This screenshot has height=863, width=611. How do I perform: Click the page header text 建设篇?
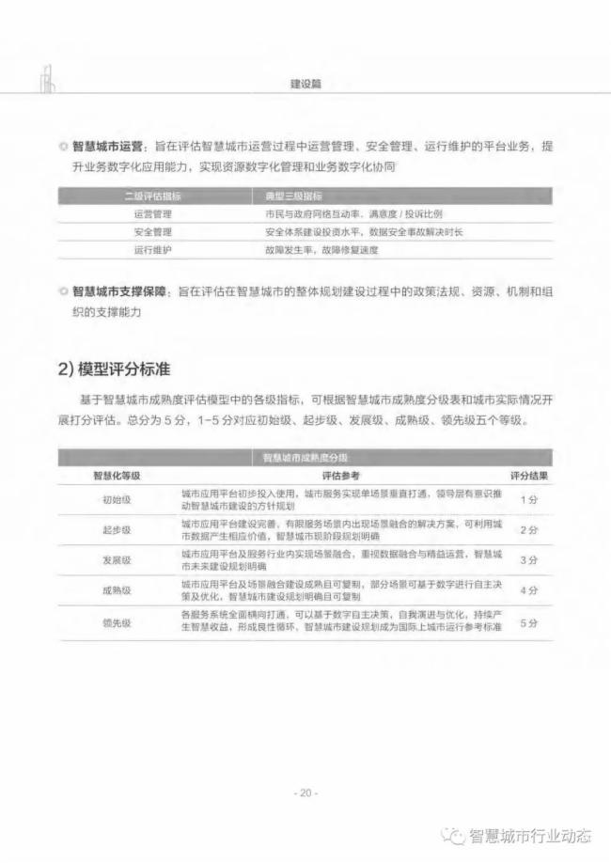[x=306, y=84]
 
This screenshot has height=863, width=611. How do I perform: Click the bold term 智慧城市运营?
[x=107, y=148]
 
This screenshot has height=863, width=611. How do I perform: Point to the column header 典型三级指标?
[x=293, y=196]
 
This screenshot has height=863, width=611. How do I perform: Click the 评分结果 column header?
[x=529, y=476]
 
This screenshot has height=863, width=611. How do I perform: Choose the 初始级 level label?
[x=117, y=499]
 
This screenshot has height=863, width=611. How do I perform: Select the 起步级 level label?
[x=117, y=530]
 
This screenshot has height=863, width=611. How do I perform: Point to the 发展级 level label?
[x=117, y=560]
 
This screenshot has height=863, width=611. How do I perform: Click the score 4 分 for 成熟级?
[x=529, y=590]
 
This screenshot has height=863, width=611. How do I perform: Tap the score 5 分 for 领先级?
[x=529, y=621]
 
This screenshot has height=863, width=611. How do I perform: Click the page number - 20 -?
[x=305, y=793]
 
